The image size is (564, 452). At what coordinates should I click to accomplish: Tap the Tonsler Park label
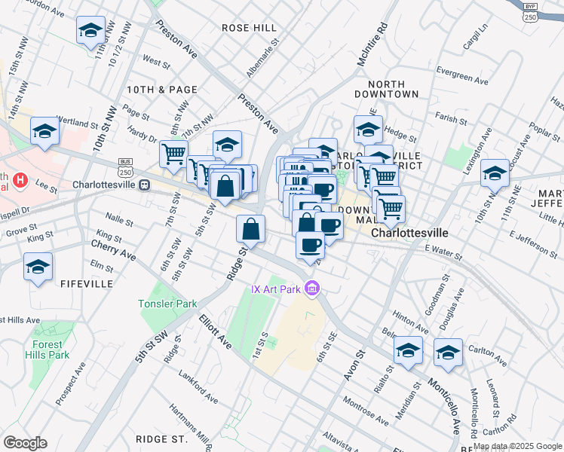pos(167,304)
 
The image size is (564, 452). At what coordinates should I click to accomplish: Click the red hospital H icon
pos(20,181)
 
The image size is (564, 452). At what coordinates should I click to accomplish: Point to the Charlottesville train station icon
pos(144,185)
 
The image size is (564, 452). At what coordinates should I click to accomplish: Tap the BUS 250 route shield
pos(126,167)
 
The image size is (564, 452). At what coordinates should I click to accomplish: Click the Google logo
pos(25,442)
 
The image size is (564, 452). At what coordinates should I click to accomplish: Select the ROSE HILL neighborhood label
pos(249,28)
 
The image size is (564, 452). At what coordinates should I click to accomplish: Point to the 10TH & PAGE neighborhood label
pos(162,90)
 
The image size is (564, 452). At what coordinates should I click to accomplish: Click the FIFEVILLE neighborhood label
pos(90,284)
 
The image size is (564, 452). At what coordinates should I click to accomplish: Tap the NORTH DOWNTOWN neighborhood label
pos(392,89)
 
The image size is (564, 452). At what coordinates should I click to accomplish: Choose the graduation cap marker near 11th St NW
pos(90,31)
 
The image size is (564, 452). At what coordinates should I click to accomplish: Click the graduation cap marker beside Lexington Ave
pos(495,173)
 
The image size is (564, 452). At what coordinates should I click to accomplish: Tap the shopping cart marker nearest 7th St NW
pos(173,154)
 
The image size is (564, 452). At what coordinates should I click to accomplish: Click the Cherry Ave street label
pos(113,250)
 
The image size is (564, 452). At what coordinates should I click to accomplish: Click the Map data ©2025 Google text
pos(516,446)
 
